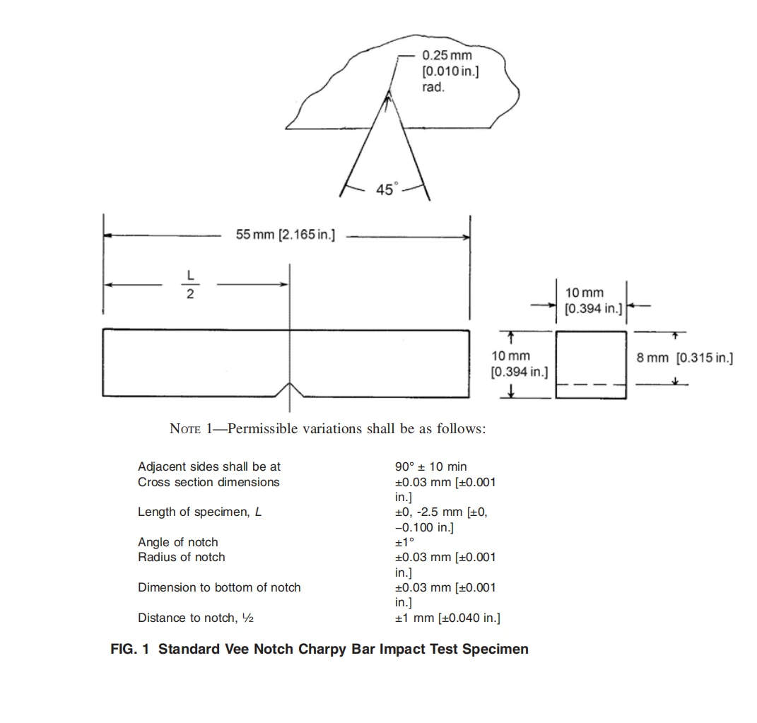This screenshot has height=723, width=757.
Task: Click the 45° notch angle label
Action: (387, 189)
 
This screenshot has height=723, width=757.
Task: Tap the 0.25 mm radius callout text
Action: (450, 71)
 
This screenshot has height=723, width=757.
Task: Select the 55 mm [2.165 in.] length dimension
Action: (286, 235)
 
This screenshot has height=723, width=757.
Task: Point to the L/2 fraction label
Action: (190, 284)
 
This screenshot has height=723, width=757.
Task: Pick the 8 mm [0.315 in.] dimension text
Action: (685, 358)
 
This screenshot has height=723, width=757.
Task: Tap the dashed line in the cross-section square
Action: (591, 384)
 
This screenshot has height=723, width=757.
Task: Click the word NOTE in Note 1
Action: (185, 428)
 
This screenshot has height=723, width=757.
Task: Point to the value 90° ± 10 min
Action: (430, 466)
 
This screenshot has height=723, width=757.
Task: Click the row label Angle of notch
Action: (177, 542)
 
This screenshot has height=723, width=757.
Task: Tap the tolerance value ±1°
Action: (404, 542)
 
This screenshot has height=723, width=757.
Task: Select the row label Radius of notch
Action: (181, 557)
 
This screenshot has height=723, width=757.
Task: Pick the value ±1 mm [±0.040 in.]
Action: (447, 618)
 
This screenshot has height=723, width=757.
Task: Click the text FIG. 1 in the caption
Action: (129, 649)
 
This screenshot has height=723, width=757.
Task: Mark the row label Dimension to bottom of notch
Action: (219, 587)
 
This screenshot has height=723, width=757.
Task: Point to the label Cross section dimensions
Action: (209, 482)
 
